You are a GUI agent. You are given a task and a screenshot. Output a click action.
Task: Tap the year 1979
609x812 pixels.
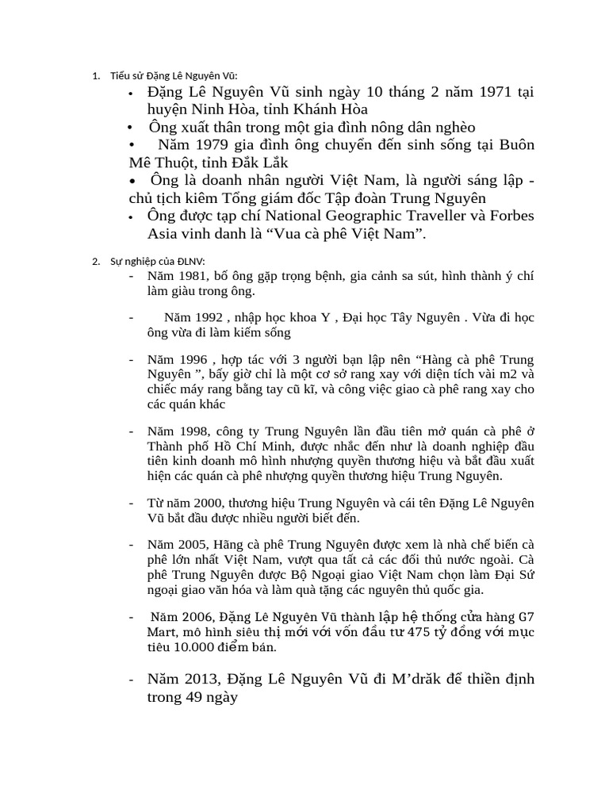coord(210,145)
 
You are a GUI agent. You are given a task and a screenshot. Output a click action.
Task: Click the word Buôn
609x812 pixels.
coord(514,145)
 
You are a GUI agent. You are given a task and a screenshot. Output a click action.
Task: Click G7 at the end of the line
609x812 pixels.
coord(526,616)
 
